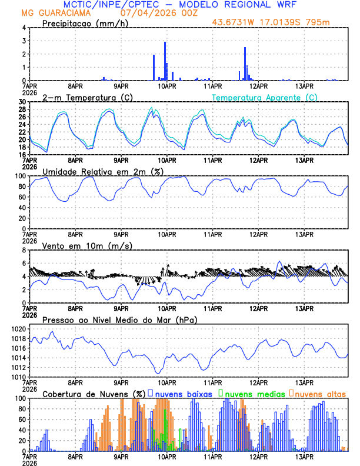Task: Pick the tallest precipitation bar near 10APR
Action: click(165, 59)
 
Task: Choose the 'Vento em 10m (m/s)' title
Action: click(87, 245)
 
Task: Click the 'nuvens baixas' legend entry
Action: click(182, 393)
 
